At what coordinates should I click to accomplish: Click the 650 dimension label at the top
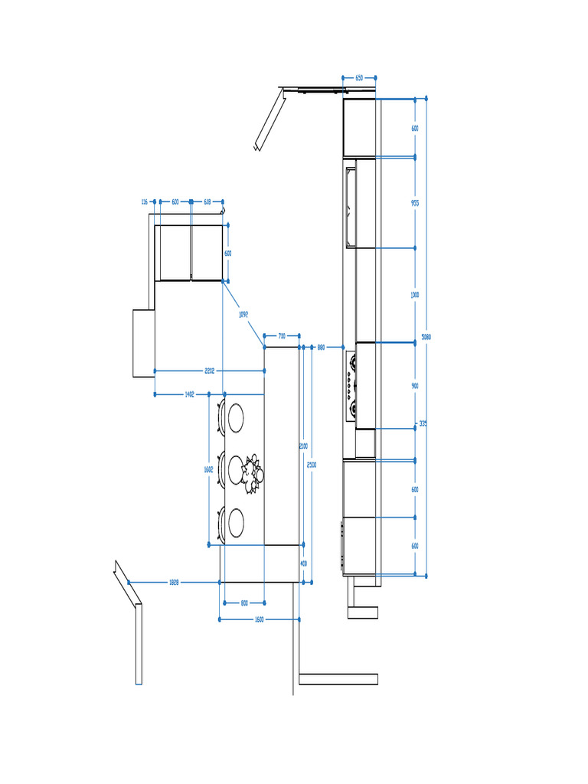pyautogui.click(x=359, y=78)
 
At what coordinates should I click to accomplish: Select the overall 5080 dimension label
pyautogui.click(x=426, y=337)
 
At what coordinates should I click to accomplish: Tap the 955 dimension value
pyautogui.click(x=415, y=203)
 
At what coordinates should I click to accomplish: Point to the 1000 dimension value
pyautogui.click(x=415, y=295)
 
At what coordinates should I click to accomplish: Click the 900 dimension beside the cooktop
pyautogui.click(x=415, y=387)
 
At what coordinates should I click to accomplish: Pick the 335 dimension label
pyautogui.click(x=423, y=423)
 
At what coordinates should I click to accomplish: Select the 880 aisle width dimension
pyautogui.click(x=321, y=348)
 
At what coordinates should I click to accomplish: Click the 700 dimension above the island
pyautogui.click(x=282, y=336)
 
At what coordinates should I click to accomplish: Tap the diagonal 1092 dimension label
pyautogui.click(x=243, y=314)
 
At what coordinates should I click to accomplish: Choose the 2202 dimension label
pyautogui.click(x=209, y=371)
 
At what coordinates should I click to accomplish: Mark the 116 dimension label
pyautogui.click(x=144, y=202)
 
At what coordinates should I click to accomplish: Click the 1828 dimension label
pyautogui.click(x=174, y=583)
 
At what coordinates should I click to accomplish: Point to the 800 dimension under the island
pyautogui.click(x=244, y=603)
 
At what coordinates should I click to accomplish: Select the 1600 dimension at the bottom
pyautogui.click(x=259, y=619)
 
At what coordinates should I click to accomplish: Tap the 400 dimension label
pyautogui.click(x=303, y=563)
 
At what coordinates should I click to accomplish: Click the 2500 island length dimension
pyautogui.click(x=310, y=465)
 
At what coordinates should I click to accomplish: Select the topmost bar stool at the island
pyautogui.click(x=233, y=418)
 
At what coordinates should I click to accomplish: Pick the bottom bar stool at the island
pyautogui.click(x=233, y=524)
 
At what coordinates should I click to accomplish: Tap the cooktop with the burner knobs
pyautogui.click(x=352, y=387)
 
